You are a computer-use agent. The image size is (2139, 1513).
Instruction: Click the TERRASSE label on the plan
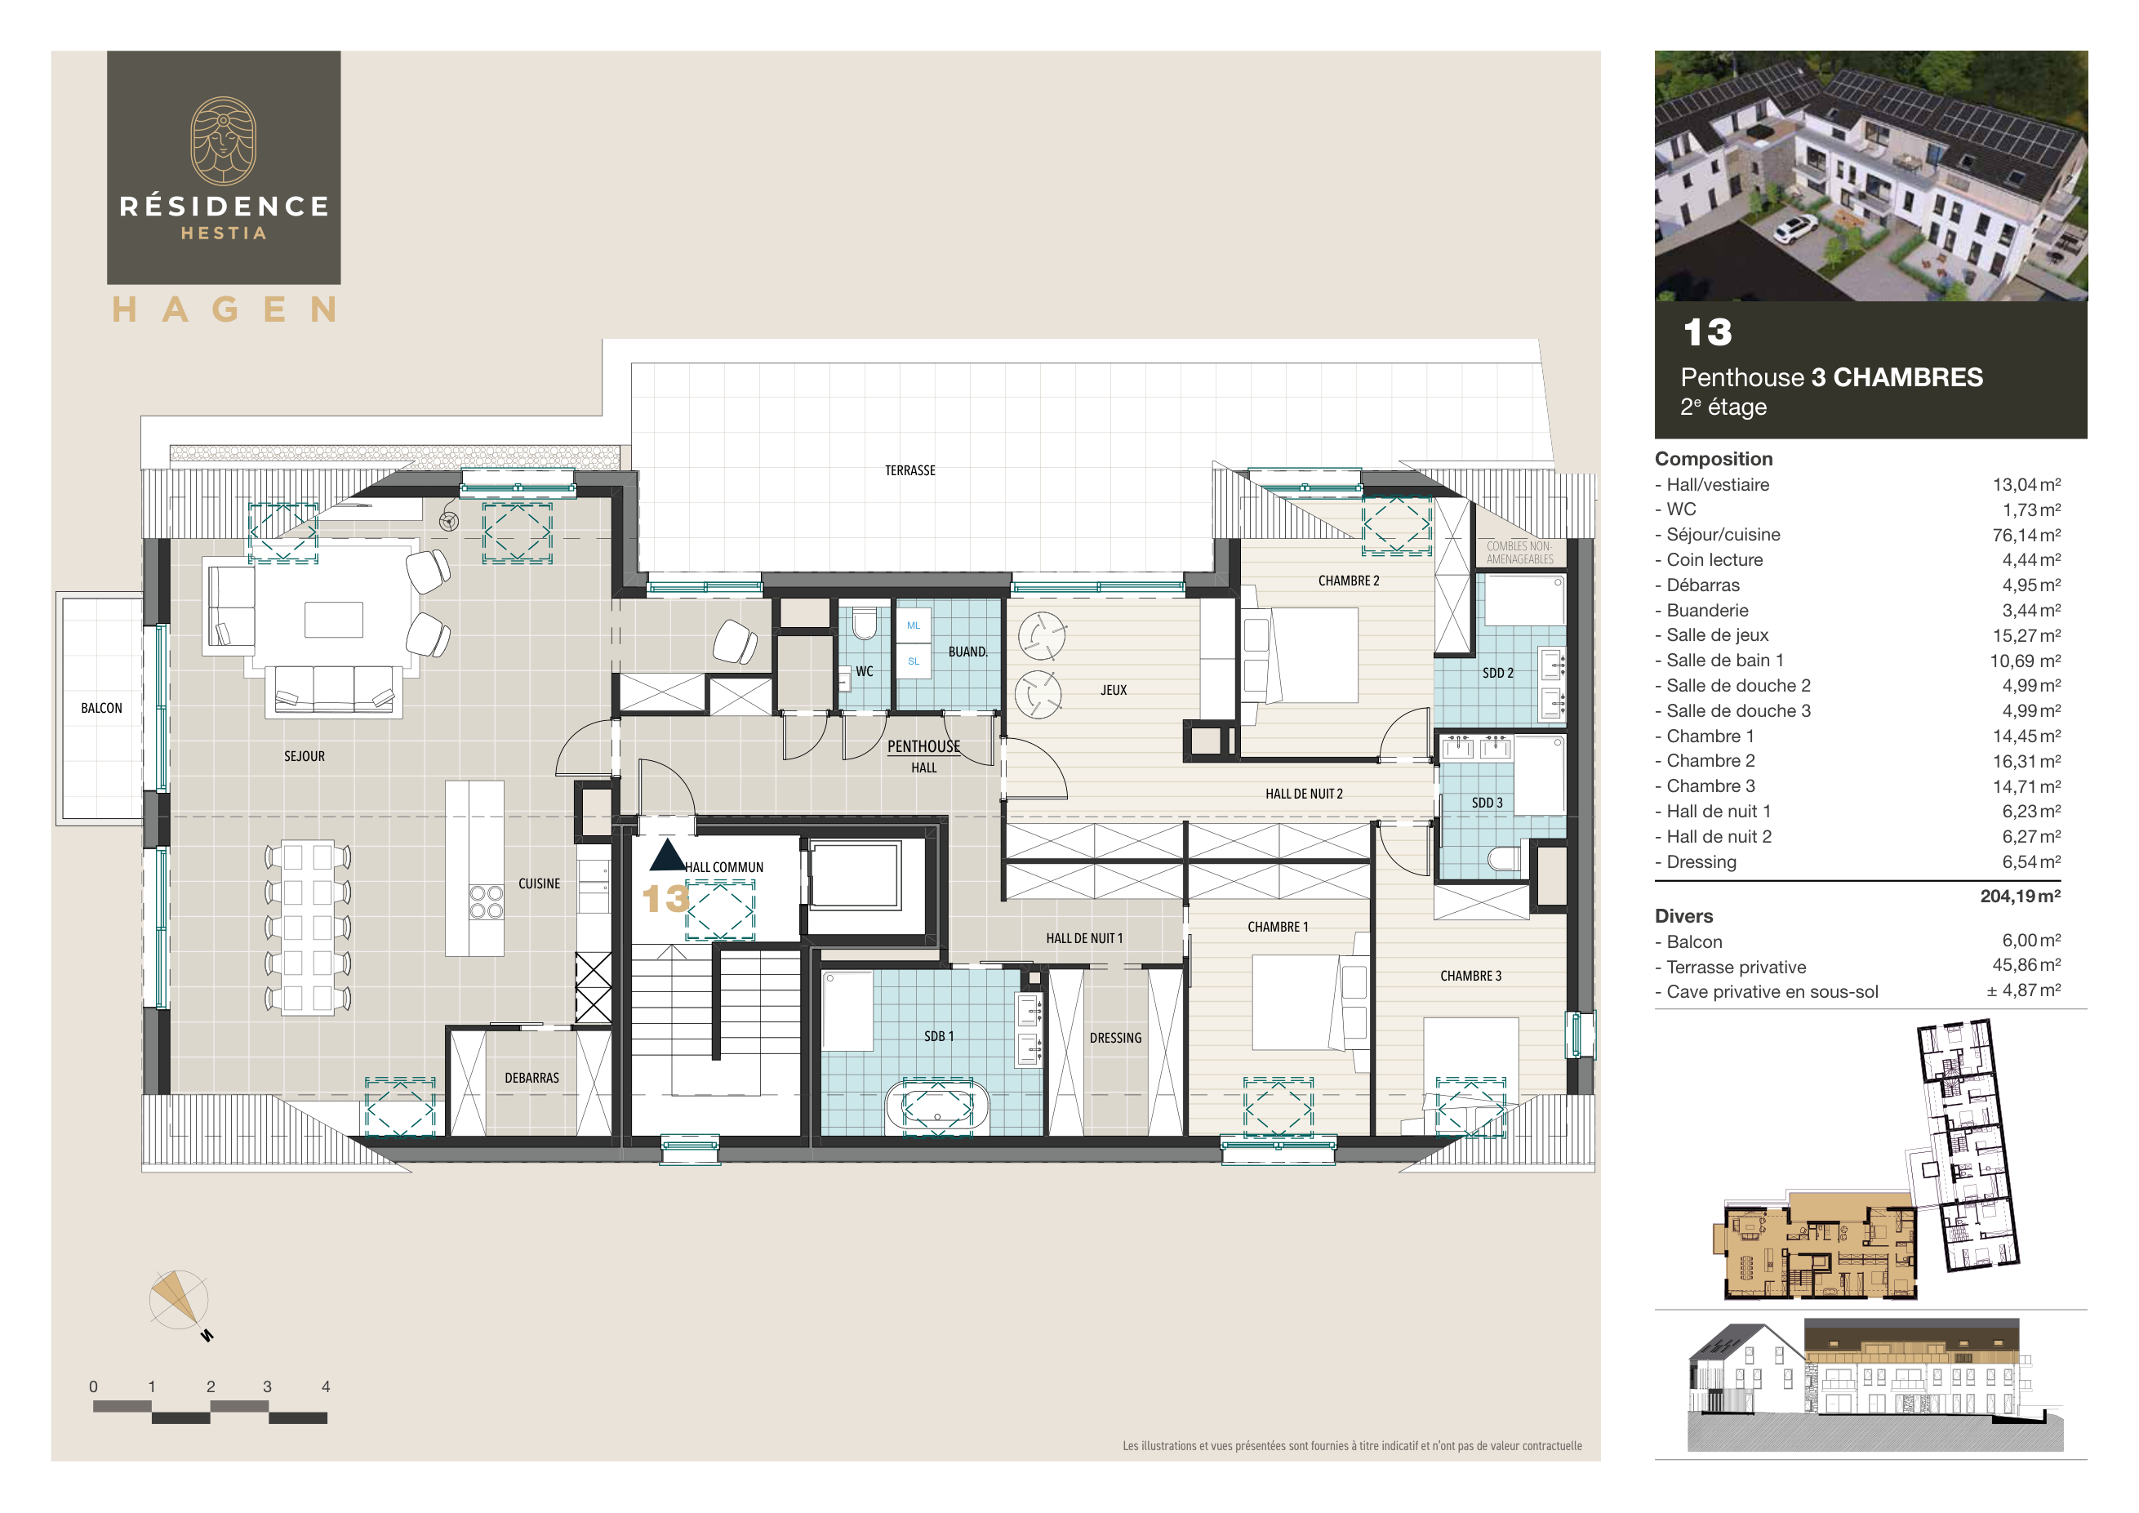coord(909,470)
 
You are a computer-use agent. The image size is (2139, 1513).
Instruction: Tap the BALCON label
coord(101,708)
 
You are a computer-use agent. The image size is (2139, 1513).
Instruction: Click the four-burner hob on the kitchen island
coord(486,901)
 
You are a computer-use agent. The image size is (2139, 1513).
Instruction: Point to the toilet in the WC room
coord(865,623)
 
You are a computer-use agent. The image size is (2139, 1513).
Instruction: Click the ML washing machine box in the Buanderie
coord(913,625)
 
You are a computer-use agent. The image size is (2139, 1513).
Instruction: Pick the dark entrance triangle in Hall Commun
coord(667,855)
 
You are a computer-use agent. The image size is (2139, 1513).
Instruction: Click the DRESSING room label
coord(1115,1038)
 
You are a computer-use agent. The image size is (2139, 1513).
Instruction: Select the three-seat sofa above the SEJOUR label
coord(334,689)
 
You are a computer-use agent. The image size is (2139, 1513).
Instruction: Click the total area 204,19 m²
coord(2020,897)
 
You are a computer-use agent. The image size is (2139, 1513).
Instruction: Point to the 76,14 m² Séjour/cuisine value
coord(2026,535)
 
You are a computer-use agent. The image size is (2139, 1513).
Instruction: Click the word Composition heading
coord(1714,458)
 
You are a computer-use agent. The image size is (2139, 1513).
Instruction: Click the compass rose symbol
coord(179,1300)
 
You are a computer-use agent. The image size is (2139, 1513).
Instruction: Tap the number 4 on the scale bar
coord(325,1386)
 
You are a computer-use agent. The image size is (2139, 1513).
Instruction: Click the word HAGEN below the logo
coord(224,309)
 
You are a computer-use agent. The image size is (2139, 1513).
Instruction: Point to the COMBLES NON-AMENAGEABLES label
coord(1519,553)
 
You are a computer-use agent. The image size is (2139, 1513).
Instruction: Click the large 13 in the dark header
coord(1707,332)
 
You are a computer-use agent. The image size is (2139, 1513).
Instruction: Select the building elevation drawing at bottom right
coord(1873,1383)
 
